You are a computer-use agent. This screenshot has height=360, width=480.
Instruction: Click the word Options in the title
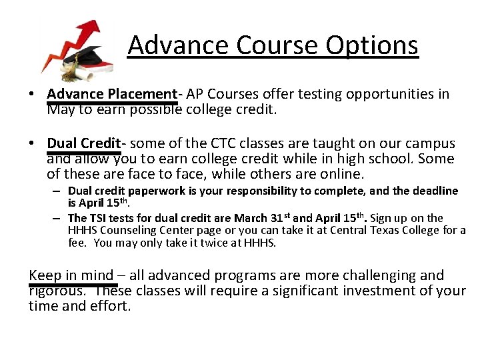[372, 45]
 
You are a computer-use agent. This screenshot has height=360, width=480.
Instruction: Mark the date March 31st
[263, 217]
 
